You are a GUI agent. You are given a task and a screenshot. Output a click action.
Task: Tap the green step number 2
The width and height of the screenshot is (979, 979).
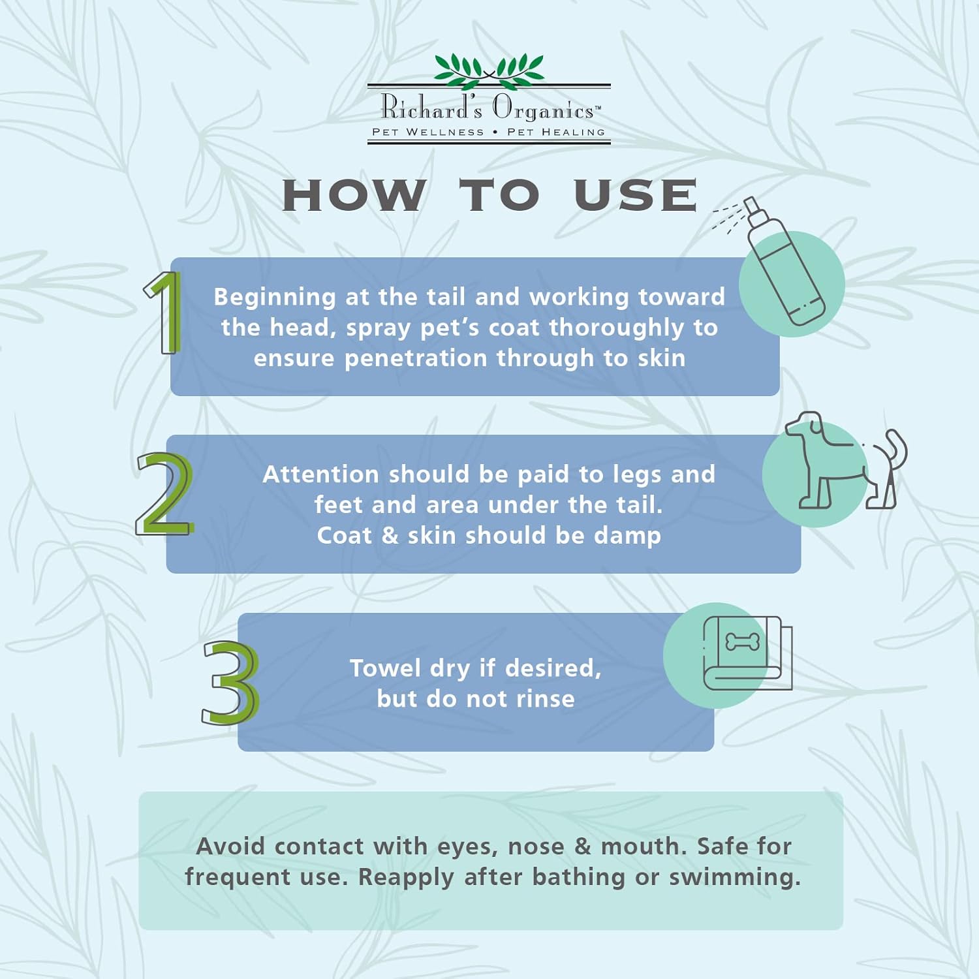tap(164, 493)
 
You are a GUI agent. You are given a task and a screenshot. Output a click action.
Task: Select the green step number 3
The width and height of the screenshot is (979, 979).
tap(230, 683)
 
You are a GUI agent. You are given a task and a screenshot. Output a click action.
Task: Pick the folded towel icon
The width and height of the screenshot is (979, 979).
tap(747, 653)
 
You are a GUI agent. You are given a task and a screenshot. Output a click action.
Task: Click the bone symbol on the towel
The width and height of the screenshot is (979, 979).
tap(743, 642)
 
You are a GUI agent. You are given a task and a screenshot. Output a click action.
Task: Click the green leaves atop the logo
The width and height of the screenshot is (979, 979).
tap(489, 70)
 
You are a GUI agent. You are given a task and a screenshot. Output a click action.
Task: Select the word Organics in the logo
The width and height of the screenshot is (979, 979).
tap(543, 108)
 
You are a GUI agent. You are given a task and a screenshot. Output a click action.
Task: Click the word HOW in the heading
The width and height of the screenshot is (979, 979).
tap(354, 195)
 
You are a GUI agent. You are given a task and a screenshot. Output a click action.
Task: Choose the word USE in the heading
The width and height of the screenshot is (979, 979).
tap(636, 195)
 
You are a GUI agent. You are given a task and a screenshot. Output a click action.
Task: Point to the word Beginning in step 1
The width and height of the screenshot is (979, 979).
tap(275, 298)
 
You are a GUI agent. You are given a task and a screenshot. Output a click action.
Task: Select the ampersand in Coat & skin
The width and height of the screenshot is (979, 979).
tap(390, 535)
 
